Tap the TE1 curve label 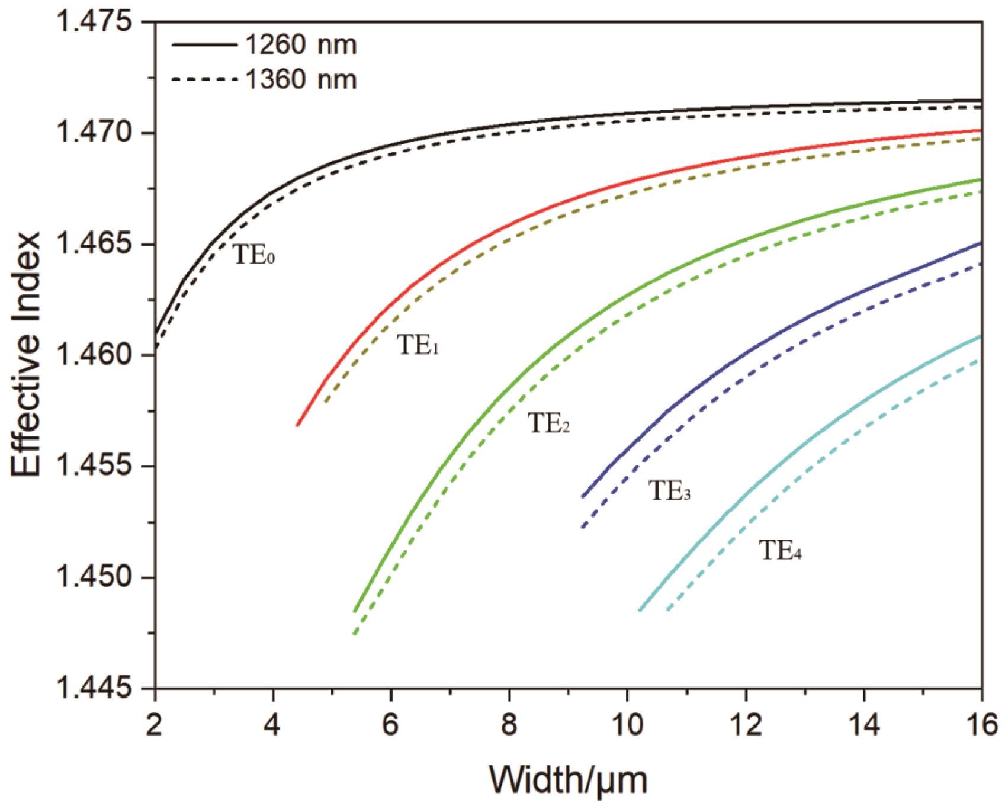click(418, 346)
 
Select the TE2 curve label click(548, 423)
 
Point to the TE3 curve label click(669, 491)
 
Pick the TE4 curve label click(780, 551)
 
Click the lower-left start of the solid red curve click(297, 425)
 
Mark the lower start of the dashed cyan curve click(668, 610)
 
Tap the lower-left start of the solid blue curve click(583, 497)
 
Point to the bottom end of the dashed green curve click(354, 634)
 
